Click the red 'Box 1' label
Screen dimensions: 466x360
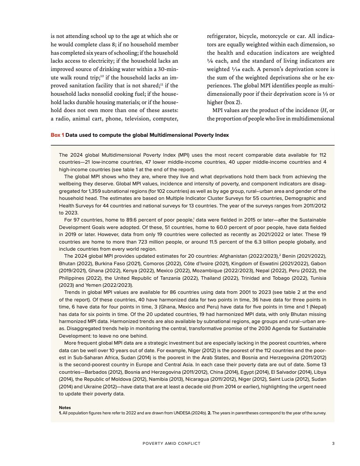point(58,135)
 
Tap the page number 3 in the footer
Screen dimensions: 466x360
point(333,443)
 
